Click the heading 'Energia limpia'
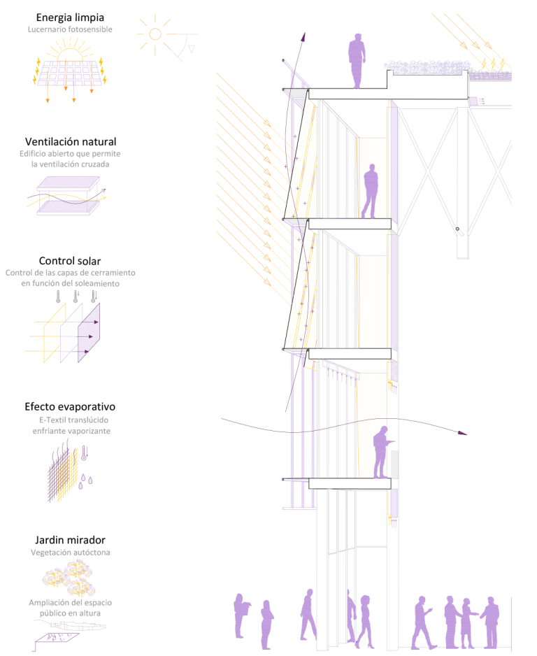[70, 17]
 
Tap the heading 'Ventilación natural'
[70, 142]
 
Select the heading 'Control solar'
[70, 261]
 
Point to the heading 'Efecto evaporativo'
[70, 406]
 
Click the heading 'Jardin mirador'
[70, 540]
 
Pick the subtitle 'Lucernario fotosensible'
[70, 29]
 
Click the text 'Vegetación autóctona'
[70, 552]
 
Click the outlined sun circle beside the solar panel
[155, 34]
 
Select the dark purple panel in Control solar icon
[89, 333]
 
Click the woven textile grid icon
[63, 475]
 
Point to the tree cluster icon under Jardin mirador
[69, 578]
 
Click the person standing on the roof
[357, 61]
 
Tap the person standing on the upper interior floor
[370, 191]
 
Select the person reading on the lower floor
[382, 452]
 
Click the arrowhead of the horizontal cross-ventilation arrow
[462, 433]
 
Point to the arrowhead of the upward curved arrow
[303, 37]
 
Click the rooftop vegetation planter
[427, 68]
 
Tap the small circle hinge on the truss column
[457, 229]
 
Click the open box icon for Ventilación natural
[68, 196]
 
